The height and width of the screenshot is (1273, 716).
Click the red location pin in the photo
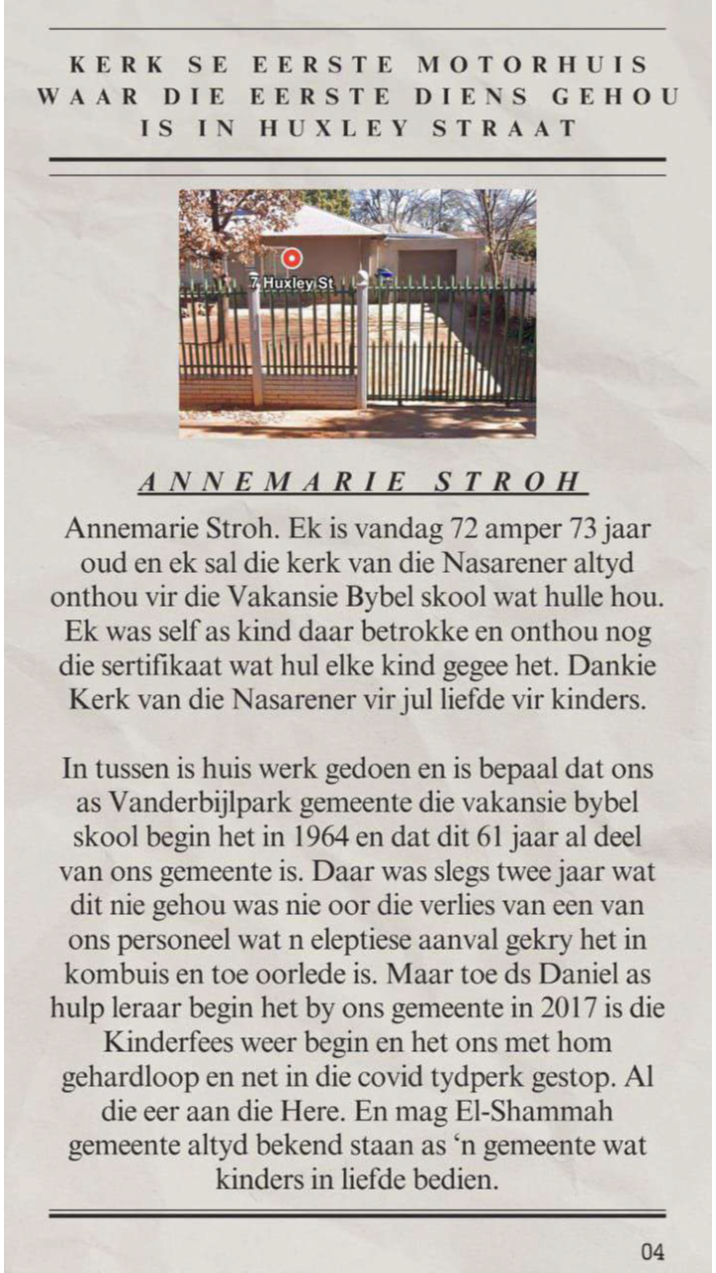pos(291,259)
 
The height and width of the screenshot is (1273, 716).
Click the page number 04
pos(652,1251)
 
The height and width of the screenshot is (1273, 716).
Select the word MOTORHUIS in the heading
pos(532,66)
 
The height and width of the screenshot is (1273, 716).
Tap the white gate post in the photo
pos(362,343)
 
